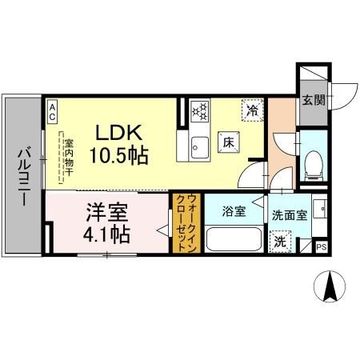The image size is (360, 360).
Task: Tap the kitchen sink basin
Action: (x=199, y=146)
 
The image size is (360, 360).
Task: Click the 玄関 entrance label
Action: (x=313, y=101)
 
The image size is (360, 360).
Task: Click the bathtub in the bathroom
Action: (x=234, y=240)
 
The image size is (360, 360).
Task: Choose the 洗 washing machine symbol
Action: (x=281, y=241)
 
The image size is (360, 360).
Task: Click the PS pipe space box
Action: (x=322, y=248)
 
